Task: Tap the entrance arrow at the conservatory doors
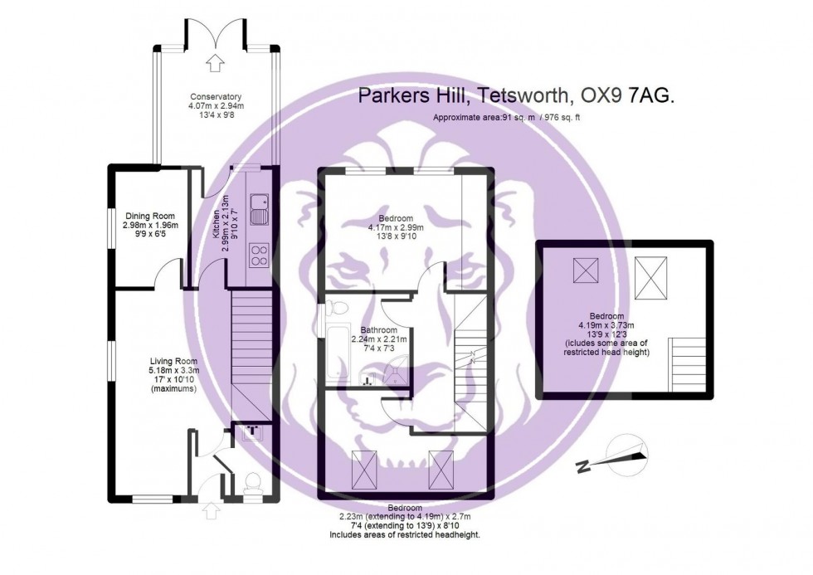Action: tap(216, 61)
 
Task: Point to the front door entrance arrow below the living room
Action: tap(209, 510)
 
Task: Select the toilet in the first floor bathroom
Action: tap(336, 309)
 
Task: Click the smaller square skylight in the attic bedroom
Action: tap(586, 270)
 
